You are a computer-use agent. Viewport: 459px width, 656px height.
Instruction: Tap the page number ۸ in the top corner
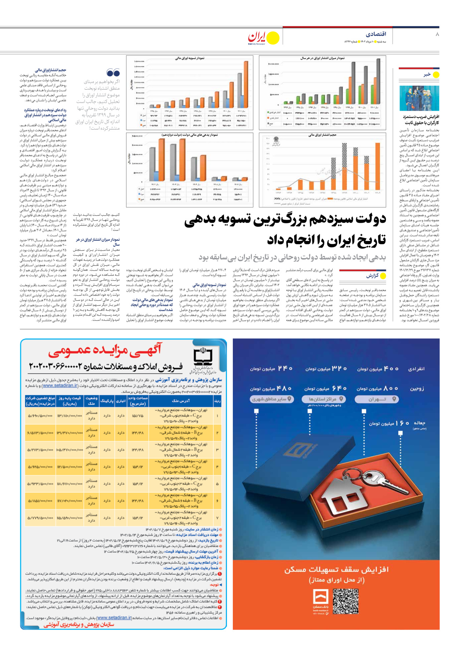click(x=437, y=34)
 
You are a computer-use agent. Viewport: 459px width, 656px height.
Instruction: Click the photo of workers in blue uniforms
click(x=419, y=98)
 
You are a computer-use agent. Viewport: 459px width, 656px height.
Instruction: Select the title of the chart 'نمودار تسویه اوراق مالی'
click(x=190, y=58)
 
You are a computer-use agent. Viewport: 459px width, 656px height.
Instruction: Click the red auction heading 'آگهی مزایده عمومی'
click(x=105, y=351)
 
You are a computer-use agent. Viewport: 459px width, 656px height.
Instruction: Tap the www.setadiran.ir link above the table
click(x=60, y=386)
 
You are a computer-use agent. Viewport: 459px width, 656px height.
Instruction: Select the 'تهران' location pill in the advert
click(x=377, y=399)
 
